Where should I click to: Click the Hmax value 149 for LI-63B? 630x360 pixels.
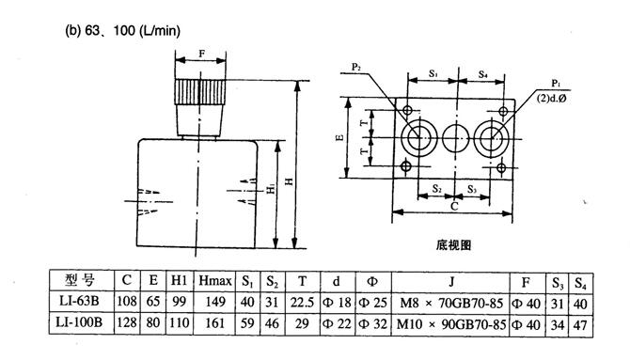pyautogui.click(x=215, y=302)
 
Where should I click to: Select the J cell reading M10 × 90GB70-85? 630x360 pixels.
pyautogui.click(x=450, y=324)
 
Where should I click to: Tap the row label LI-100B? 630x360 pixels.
pyautogui.click(x=79, y=322)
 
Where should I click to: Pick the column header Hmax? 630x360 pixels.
pyautogui.click(x=215, y=280)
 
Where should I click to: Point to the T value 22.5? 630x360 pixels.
pyautogui.click(x=302, y=302)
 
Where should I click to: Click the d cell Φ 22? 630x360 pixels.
pyautogui.click(x=337, y=323)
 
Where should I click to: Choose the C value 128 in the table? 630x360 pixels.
pyautogui.click(x=127, y=322)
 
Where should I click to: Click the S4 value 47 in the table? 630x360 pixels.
pyautogui.click(x=580, y=324)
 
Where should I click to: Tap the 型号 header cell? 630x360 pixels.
pyautogui.click(x=81, y=280)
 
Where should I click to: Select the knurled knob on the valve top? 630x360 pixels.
pyautogui.click(x=200, y=92)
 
